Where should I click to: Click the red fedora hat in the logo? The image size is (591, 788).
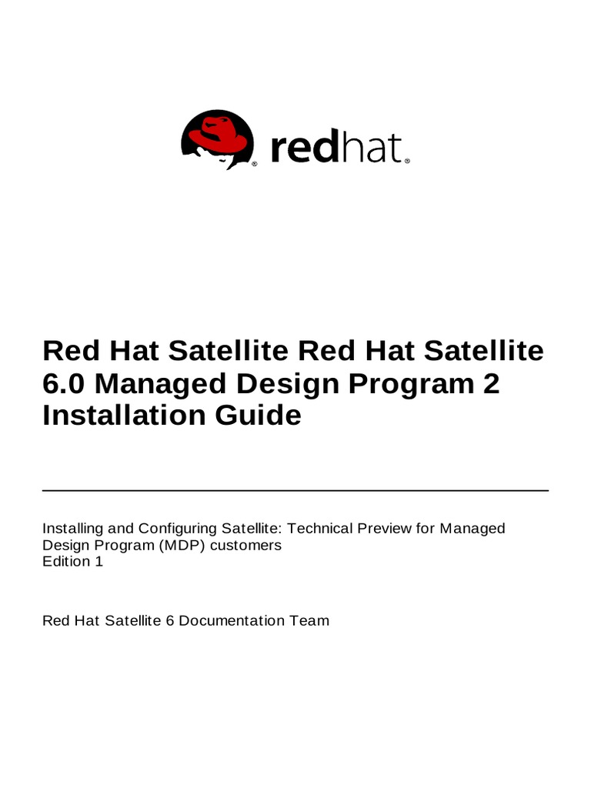pyautogui.click(x=219, y=133)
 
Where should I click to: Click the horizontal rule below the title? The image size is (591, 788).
pyautogui.click(x=295, y=490)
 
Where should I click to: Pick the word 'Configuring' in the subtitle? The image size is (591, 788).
pyautogui.click(x=175, y=529)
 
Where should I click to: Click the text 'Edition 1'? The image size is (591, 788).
pyautogui.click(x=72, y=561)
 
